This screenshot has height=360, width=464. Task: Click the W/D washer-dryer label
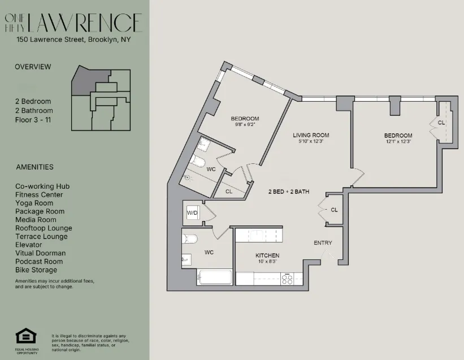point(192,213)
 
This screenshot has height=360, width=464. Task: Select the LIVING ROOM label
point(310,135)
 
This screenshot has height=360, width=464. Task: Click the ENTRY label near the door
point(323,243)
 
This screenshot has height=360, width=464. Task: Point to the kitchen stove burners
point(288,277)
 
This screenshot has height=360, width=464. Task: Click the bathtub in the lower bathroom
point(215,277)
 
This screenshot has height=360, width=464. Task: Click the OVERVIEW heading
point(33,67)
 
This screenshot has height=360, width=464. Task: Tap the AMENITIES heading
point(34,167)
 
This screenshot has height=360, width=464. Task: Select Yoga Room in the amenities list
point(34,203)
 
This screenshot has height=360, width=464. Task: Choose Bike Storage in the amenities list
point(36,270)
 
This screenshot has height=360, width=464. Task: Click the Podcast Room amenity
point(39,261)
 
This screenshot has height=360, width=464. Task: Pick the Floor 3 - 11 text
point(34,120)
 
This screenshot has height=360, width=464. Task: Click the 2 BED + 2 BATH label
point(288,192)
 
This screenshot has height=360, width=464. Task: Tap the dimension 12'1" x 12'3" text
point(398,142)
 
